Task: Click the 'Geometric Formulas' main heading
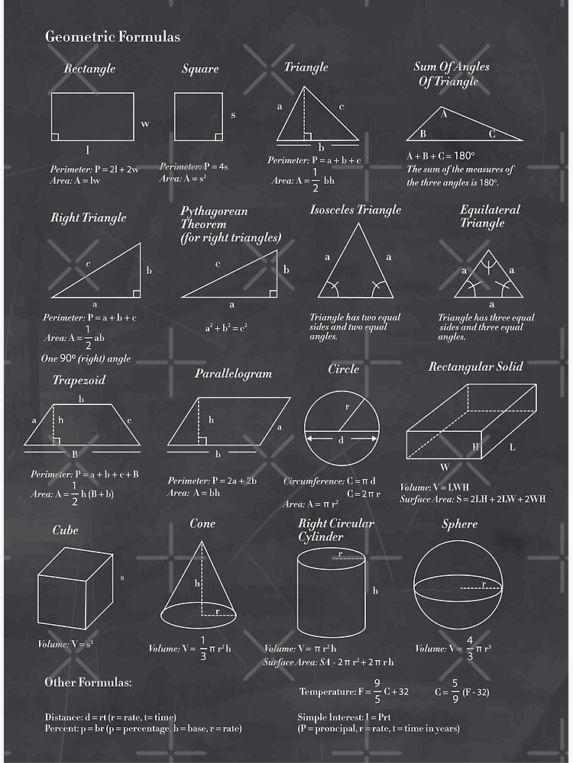pos(112,36)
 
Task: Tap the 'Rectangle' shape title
pos(89,69)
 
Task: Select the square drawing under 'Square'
pos(198,117)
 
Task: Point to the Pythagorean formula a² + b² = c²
pos(225,328)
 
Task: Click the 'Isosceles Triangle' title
pos(354,210)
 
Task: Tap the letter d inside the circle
pos(341,439)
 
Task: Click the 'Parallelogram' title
pos(233,374)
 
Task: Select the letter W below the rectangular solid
pos(444,467)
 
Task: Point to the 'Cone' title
pos(202,523)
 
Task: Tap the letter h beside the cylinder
pos(375,590)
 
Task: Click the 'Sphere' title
pos(459,524)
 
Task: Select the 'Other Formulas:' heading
pos(88,681)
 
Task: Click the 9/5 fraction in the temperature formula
pos(377,691)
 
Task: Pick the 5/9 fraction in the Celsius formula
pos(455,691)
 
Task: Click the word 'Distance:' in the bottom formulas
pos(64,717)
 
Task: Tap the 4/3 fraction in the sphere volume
pos(469,648)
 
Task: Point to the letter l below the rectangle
pos(87,150)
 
